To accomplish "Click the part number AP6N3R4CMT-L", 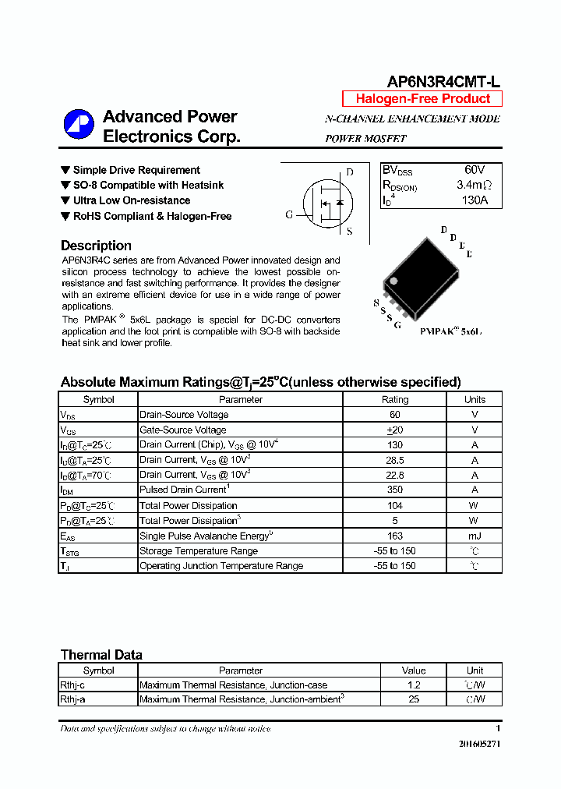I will click(444, 82).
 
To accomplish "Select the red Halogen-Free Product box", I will click(422, 99).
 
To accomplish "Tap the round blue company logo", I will click(79, 125).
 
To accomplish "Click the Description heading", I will click(96, 246).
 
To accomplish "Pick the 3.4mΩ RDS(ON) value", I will click(474, 186).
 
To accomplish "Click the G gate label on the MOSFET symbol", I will click(289, 215).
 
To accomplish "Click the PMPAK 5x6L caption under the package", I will click(450, 331).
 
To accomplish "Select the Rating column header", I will click(394, 399).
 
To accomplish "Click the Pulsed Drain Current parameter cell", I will click(183, 490).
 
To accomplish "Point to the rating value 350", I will click(394, 490).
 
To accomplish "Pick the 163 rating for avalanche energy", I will click(394, 536).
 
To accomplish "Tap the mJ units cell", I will click(475, 536).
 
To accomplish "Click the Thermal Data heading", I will click(101, 655).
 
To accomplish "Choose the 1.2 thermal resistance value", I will click(414, 685).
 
